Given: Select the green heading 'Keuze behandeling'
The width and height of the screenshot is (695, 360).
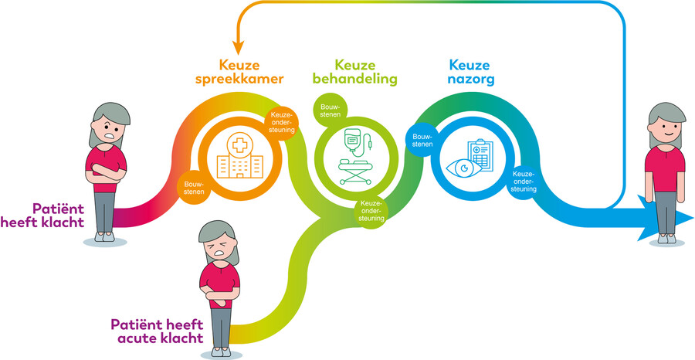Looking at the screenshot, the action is point(354,72).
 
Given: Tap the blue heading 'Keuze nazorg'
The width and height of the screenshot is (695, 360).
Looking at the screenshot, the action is point(470,73).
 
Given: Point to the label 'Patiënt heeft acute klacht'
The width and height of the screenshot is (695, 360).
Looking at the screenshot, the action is point(157,331).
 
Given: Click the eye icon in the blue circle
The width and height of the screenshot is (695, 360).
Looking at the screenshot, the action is point(463,168).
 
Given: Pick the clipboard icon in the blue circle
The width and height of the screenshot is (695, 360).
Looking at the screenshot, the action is point(480,154).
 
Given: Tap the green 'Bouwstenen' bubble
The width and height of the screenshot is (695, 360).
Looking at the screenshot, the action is point(331,110).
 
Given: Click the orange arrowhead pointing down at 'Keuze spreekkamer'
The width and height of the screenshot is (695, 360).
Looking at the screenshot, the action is point(239,47).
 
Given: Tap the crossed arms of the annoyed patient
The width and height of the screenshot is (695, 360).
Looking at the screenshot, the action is point(106,172).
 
